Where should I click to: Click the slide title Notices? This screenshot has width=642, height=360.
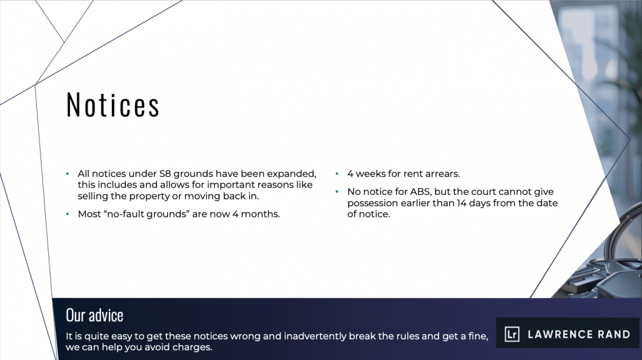pos(112,105)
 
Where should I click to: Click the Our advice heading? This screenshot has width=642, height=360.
pos(95,315)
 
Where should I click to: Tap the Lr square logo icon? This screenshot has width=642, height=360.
pos(512,334)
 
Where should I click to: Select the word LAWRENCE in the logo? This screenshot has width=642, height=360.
pos(559,334)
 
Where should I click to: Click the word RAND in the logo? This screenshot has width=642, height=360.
pos(613,334)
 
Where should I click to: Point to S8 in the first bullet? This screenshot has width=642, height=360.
pos(165,174)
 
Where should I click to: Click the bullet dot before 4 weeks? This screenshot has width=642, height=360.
pos(337,173)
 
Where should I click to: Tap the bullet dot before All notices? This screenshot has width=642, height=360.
pos(68,173)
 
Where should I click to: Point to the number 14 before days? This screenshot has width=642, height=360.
pos(461,203)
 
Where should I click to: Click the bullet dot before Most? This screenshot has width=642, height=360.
pos(68,214)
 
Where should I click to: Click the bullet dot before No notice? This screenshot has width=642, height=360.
pos(337,191)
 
